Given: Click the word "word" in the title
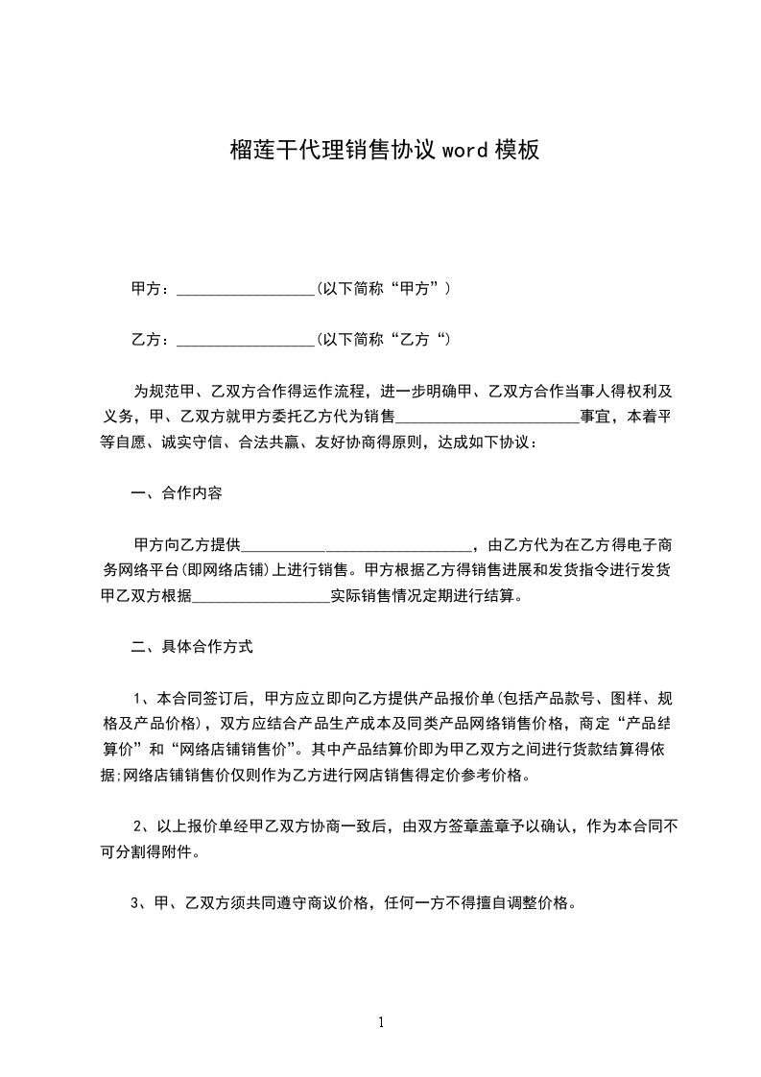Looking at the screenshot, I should [x=465, y=150].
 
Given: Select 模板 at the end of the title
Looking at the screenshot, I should [x=516, y=150].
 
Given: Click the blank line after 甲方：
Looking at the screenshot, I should [x=247, y=289].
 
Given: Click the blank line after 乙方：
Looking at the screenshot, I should [x=247, y=340].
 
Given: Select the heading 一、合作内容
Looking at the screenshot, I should [x=177, y=494].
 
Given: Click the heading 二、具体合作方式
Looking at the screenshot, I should [x=192, y=647].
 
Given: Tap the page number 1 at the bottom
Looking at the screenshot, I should [x=381, y=1021].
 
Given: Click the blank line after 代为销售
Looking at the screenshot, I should [x=487, y=418].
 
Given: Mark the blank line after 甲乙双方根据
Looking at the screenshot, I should [x=261, y=596].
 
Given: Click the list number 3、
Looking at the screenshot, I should [x=139, y=903].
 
